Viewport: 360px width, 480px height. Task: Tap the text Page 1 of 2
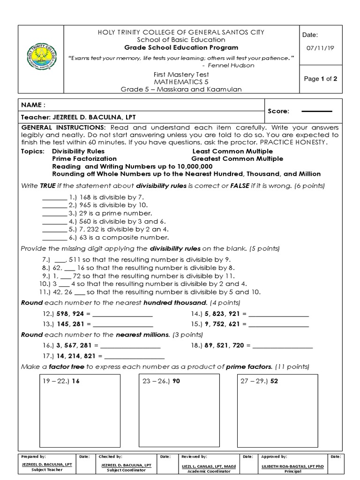coord(321,79)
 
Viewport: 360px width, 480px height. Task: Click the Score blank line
coord(316,112)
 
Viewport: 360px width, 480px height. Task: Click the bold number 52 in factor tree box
coord(274,381)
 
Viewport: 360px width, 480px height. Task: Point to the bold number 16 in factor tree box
coord(76,381)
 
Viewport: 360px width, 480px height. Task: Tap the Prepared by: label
coord(33,456)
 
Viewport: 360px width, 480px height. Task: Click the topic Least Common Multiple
coord(232,151)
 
